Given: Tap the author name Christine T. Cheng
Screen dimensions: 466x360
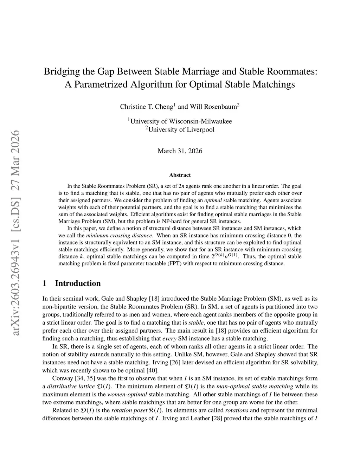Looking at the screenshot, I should pyautogui.click(x=147, y=107).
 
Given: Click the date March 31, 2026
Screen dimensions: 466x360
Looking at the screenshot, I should pyautogui.click(x=180, y=151).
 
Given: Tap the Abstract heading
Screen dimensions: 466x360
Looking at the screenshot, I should pyautogui.click(x=180, y=175).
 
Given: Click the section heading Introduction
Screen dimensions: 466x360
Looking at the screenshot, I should pyautogui.click(x=78, y=283).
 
